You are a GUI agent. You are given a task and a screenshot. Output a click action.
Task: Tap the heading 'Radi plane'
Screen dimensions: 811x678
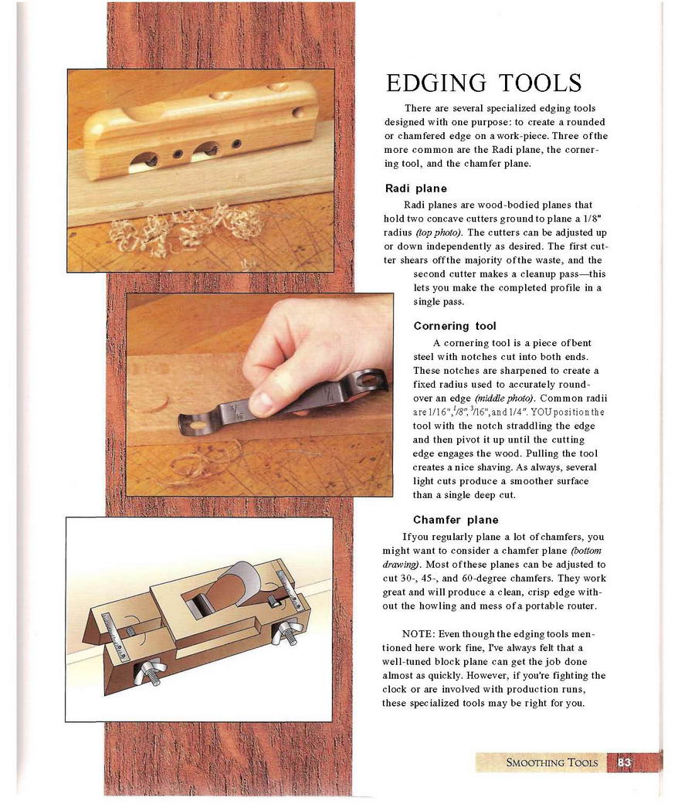tap(415, 188)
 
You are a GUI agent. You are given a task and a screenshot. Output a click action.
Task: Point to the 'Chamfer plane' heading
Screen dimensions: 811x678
tap(456, 520)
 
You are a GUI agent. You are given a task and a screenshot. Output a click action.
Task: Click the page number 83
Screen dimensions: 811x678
tap(625, 763)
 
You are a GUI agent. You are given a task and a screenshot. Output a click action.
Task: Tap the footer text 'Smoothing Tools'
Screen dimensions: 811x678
tap(551, 763)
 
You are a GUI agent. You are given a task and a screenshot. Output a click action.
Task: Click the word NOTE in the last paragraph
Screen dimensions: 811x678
tap(418, 633)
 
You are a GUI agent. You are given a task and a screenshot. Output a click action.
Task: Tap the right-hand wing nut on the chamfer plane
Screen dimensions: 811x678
tap(290, 629)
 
